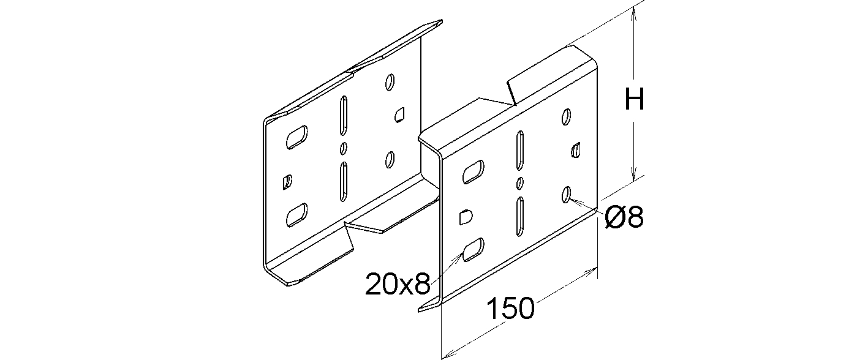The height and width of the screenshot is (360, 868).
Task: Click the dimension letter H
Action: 635,99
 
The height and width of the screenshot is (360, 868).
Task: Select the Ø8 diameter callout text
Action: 624,217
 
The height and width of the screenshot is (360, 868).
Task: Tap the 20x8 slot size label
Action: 398,283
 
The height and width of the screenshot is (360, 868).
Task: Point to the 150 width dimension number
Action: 510,309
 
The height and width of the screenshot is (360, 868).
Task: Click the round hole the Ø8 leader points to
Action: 566,194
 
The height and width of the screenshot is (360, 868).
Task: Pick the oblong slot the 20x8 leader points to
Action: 473,250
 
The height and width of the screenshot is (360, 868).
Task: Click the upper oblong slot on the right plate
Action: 473,172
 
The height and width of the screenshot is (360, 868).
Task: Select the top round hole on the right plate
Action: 566,116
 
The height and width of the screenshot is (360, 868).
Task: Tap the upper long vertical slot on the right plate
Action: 519,151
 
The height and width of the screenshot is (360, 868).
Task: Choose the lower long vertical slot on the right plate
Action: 519,216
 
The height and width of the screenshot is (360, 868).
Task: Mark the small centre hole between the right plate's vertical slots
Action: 520,183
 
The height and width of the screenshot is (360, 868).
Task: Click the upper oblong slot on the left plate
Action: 296,137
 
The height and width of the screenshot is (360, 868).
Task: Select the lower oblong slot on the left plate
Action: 296,215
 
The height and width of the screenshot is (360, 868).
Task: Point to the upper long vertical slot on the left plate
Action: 343,115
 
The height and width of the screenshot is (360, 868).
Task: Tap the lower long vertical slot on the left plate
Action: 343,182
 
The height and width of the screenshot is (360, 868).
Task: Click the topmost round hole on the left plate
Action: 390,82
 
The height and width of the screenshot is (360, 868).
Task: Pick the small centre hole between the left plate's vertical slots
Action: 343,149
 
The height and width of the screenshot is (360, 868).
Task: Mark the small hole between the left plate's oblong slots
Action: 287,182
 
